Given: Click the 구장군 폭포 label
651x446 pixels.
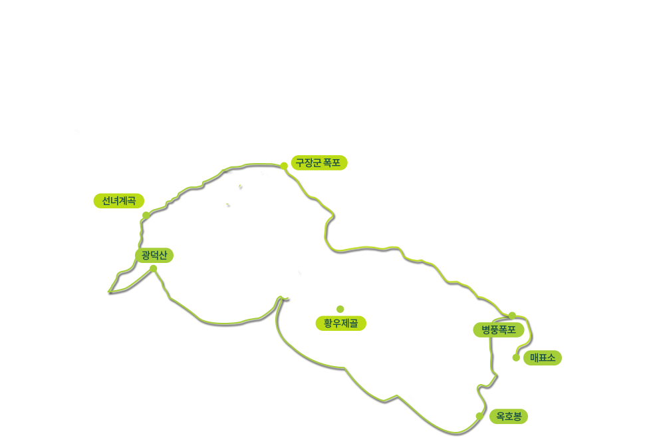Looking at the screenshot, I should pyautogui.click(x=318, y=162).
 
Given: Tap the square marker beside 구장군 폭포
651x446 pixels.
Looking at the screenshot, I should pyautogui.click(x=284, y=165).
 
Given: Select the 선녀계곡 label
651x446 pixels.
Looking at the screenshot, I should pyautogui.click(x=118, y=201).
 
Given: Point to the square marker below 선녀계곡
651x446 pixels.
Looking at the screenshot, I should pyautogui.click(x=146, y=215).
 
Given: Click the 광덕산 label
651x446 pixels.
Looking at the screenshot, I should pyautogui.click(x=154, y=255).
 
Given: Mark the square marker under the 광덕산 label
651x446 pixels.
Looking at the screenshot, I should pyautogui.click(x=154, y=267).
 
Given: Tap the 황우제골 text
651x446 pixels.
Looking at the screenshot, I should pyautogui.click(x=340, y=324).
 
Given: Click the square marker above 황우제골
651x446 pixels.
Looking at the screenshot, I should pyautogui.click(x=340, y=309).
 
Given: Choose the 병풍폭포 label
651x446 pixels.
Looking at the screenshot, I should pyautogui.click(x=499, y=330).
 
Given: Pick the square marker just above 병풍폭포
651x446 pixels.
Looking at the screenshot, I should pyautogui.click(x=511, y=316).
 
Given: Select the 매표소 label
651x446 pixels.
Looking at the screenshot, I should pyautogui.click(x=542, y=358).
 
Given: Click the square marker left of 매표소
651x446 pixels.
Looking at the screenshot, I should pyautogui.click(x=516, y=358).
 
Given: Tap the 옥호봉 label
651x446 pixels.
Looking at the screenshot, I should pyautogui.click(x=509, y=417).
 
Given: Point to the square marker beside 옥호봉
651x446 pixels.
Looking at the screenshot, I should pyautogui.click(x=479, y=416).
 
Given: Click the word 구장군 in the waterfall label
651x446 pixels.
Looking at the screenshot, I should pyautogui.click(x=309, y=162).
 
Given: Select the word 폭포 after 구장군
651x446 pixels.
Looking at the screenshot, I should pyautogui.click(x=332, y=162).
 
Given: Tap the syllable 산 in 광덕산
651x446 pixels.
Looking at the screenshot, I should pyautogui.click(x=162, y=255).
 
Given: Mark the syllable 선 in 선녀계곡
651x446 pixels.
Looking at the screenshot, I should pyautogui.click(x=106, y=201).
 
